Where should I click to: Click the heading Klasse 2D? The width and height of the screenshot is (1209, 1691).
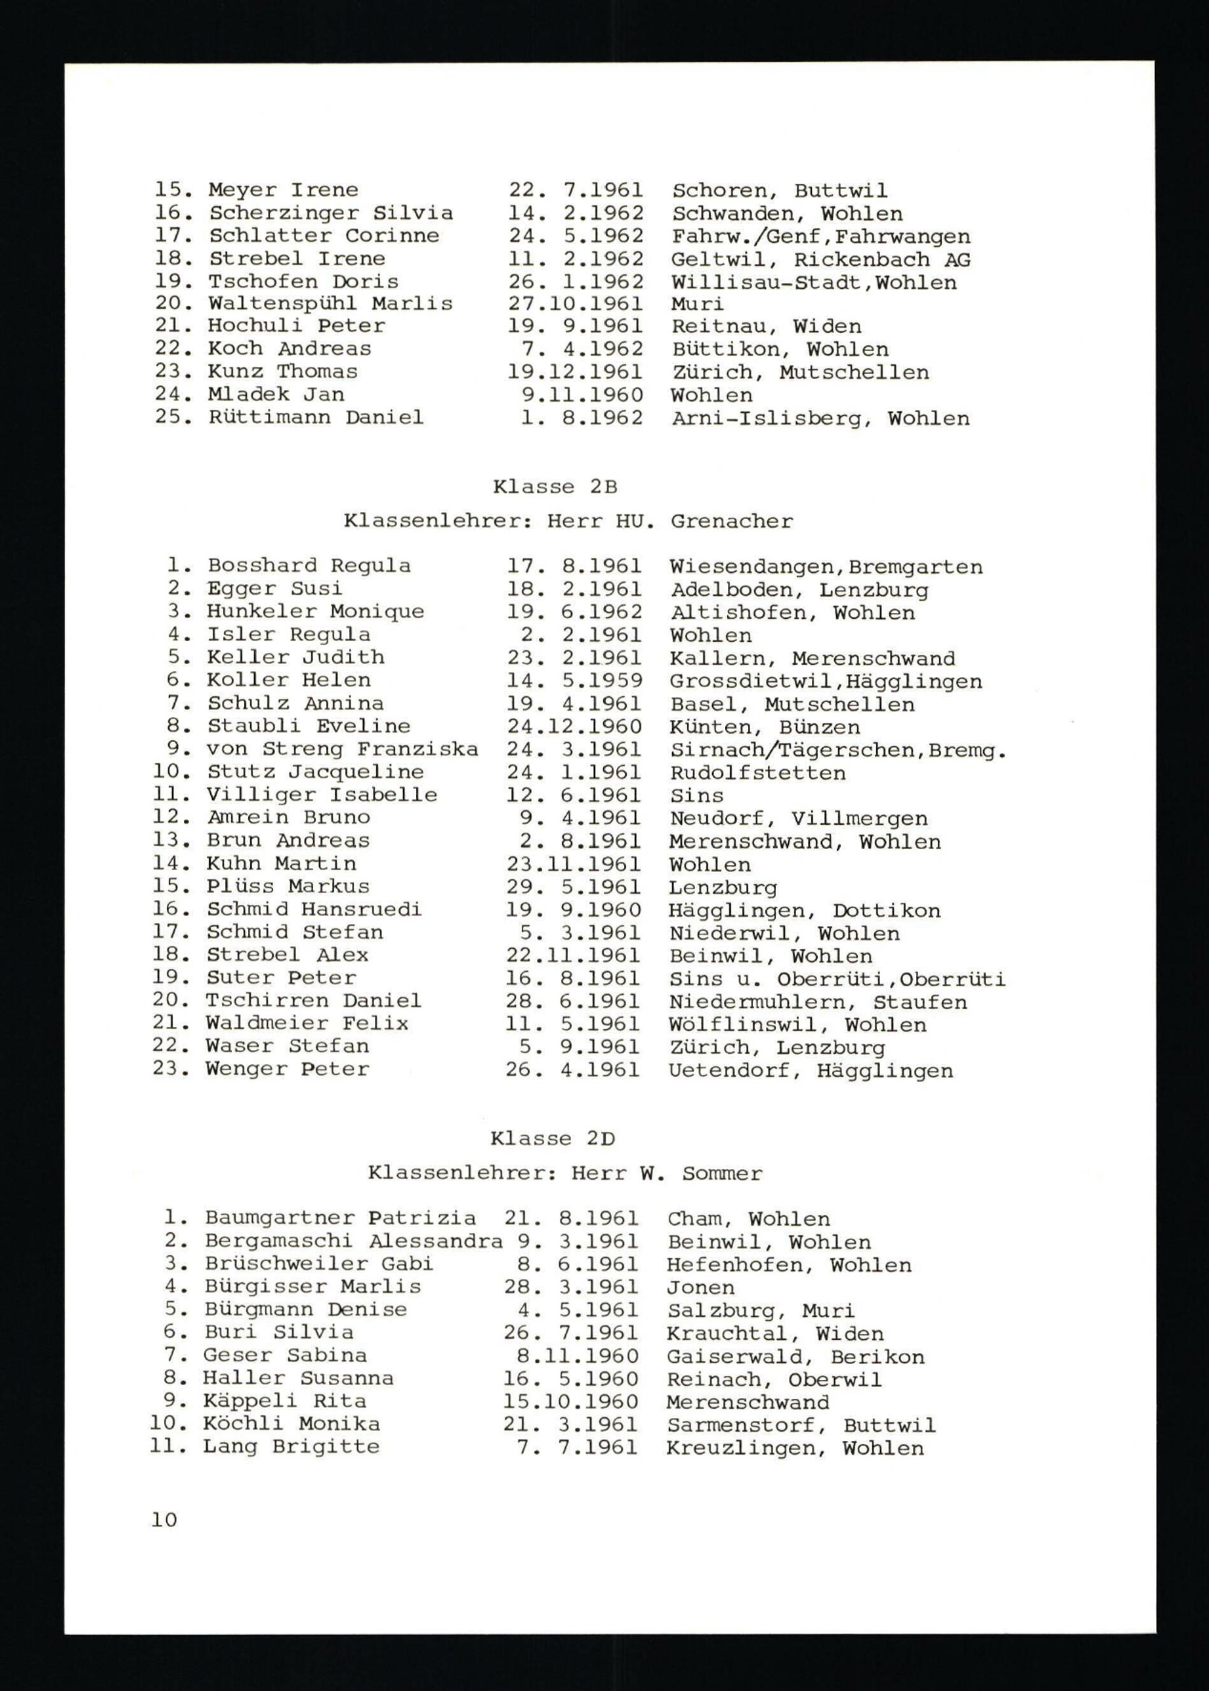(x=553, y=1139)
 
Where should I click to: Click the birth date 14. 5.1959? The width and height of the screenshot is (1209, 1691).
(x=574, y=681)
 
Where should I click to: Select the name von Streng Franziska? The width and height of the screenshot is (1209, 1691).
(x=343, y=749)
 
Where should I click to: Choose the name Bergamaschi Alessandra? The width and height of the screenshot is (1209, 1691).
(x=354, y=1241)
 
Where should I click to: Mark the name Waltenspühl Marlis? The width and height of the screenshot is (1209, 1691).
(x=330, y=303)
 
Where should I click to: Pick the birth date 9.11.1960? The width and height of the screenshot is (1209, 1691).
(x=582, y=395)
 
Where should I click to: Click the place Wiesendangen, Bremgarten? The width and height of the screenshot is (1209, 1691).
(x=826, y=567)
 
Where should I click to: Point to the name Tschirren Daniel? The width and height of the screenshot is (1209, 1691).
(x=313, y=1001)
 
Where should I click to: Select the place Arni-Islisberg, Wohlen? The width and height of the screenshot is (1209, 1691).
(x=820, y=418)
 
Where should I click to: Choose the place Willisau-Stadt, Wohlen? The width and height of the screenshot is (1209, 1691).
(x=814, y=283)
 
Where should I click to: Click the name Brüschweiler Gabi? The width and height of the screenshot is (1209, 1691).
(x=319, y=1264)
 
